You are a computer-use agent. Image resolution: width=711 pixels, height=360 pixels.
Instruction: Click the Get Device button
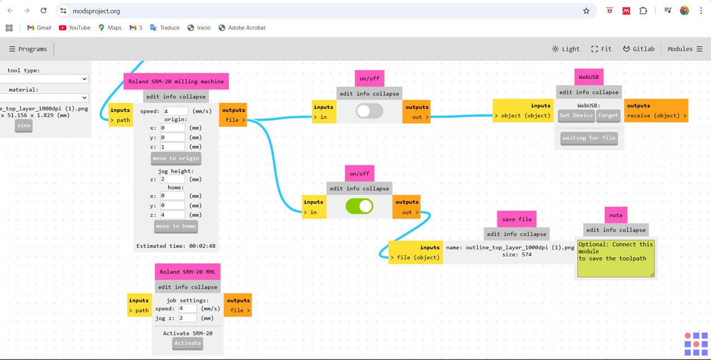click(x=576, y=116)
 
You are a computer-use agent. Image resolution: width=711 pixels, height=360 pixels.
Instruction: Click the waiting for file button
click(x=589, y=138)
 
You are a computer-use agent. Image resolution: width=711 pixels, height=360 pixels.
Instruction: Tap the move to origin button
click(x=176, y=158)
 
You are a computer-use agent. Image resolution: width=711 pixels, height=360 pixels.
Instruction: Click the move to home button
click(x=176, y=226)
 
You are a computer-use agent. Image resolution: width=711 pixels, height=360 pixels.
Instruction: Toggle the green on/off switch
click(x=359, y=206)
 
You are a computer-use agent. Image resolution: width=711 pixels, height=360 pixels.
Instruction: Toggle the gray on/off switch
click(x=369, y=111)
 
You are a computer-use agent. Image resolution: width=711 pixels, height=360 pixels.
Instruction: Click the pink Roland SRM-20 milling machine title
click(x=176, y=82)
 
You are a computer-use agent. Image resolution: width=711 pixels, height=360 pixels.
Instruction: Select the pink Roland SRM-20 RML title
click(x=188, y=272)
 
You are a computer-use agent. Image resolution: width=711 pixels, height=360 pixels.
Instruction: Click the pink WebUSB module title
click(x=589, y=77)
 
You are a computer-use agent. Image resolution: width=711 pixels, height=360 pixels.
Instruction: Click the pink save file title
click(x=517, y=219)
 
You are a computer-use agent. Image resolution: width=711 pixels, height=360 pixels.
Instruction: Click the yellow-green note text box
click(x=615, y=258)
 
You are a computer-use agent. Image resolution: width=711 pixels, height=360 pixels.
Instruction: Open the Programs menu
click(x=28, y=49)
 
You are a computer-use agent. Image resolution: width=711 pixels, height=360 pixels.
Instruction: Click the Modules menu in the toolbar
click(x=685, y=49)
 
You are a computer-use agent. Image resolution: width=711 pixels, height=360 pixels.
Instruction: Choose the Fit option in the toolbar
click(x=601, y=49)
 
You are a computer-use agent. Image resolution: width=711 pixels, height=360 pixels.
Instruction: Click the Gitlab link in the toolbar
click(x=638, y=49)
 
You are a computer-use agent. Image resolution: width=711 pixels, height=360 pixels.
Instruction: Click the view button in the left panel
click(x=24, y=126)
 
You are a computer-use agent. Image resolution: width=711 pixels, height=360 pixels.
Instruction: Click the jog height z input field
click(x=173, y=179)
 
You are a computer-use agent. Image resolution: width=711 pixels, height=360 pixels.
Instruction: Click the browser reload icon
click(x=44, y=11)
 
